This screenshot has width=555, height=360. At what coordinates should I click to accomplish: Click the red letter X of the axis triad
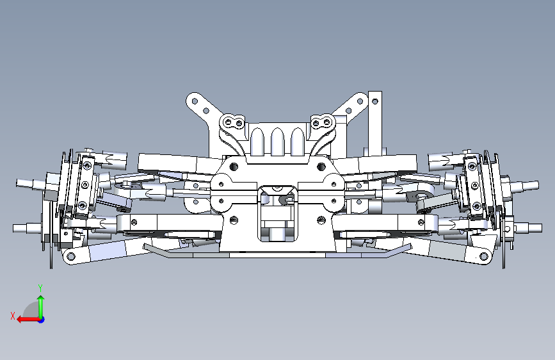pyautogui.click(x=13, y=316)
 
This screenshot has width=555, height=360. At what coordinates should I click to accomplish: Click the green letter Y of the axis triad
pyautogui.click(x=40, y=288)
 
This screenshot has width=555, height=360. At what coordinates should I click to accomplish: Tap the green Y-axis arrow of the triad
pyautogui.click(x=41, y=307)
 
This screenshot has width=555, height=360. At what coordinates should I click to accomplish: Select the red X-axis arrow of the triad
pyautogui.click(x=28, y=320)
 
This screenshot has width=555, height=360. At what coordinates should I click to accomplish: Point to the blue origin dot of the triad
pyautogui.click(x=42, y=320)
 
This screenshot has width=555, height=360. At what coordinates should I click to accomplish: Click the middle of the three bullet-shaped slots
pyautogui.click(x=278, y=141)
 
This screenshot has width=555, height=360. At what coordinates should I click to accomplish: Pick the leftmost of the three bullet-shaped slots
pyautogui.click(x=257, y=141)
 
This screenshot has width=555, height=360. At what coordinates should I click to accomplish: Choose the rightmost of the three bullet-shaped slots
pyautogui.click(x=298, y=141)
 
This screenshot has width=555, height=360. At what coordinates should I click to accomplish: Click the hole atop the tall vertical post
pyautogui.click(x=375, y=102)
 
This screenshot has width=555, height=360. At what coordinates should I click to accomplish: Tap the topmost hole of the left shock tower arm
pyautogui.click(x=195, y=101)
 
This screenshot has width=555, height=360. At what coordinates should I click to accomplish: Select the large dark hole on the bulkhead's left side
pyautogui.click(x=234, y=167)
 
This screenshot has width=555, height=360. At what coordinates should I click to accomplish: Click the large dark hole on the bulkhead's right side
pyautogui.click(x=321, y=167)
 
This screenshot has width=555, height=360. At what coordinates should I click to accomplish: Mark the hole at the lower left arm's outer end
pyautogui.click(x=71, y=256)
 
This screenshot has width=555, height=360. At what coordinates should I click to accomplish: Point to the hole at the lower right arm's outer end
pyautogui.click(x=483, y=256)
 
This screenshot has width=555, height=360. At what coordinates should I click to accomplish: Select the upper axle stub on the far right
pyautogui.click(x=524, y=185)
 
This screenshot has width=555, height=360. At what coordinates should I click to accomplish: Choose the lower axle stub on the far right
pyautogui.click(x=527, y=228)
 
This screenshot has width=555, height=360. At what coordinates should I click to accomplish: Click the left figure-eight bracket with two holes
pyautogui.click(x=232, y=122)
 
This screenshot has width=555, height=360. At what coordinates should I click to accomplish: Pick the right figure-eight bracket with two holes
pyautogui.click(x=323, y=122)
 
